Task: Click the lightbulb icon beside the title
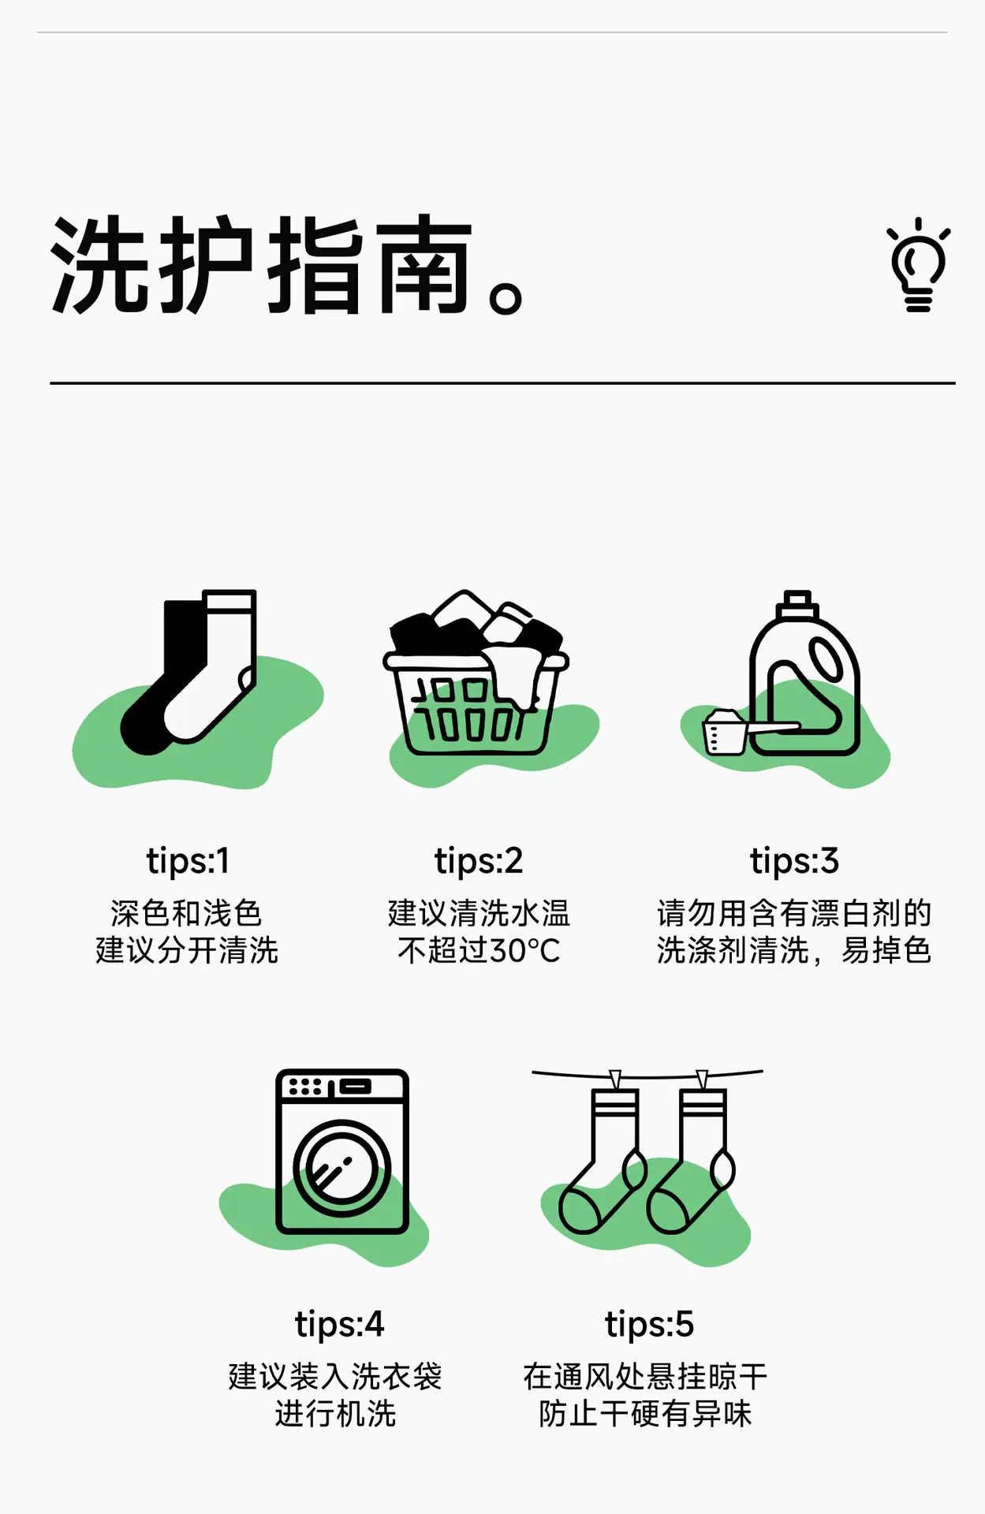point(919,265)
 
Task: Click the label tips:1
point(188,861)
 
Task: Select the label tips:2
point(479,861)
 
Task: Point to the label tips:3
point(794,861)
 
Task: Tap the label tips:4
point(339,1325)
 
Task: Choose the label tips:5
point(649,1325)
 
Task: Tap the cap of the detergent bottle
point(797,605)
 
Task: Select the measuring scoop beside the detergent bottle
point(741,731)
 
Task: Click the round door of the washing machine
point(342,1169)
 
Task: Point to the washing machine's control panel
point(342,1087)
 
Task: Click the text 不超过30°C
point(479,951)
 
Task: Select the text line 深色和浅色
point(186,913)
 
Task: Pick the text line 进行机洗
point(335,1414)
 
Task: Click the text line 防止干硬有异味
point(645,1414)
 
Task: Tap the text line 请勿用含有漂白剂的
point(794,913)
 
